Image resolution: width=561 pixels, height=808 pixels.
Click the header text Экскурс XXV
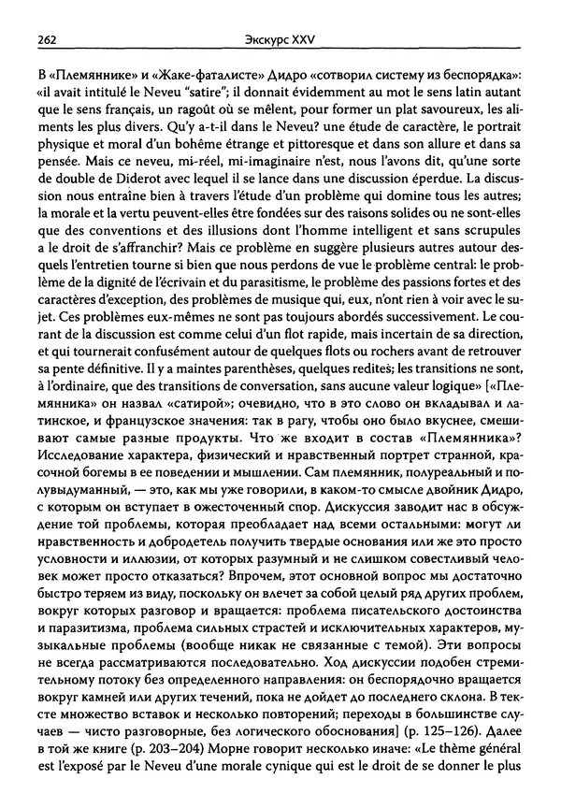point(280,39)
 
